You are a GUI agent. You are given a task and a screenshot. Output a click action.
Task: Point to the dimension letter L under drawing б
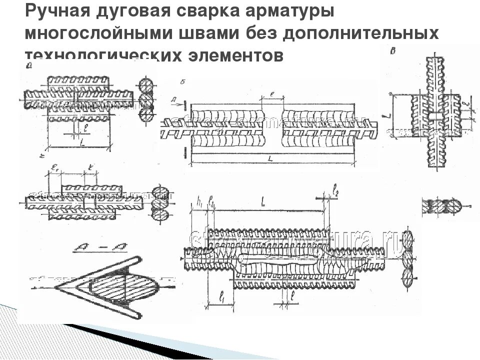click(270, 158)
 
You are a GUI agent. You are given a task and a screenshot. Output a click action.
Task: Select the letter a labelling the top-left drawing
click(31, 65)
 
